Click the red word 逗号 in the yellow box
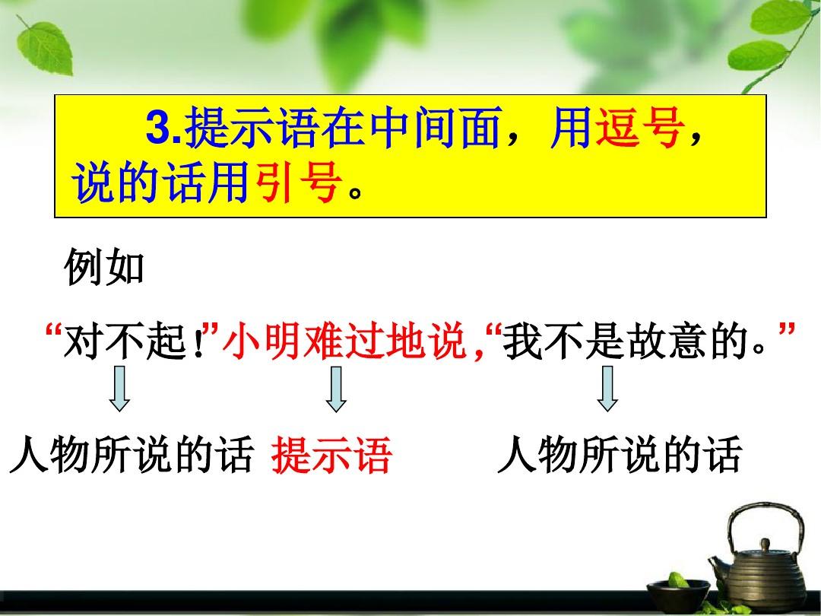point(640,127)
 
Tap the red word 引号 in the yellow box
point(298,183)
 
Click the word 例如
point(103,267)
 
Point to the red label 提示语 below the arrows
point(331,456)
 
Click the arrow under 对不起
point(119,388)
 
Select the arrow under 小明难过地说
point(336,388)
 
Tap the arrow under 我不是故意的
point(607,388)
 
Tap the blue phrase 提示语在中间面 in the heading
point(344,127)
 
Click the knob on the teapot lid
point(766,545)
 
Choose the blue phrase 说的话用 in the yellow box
point(160,183)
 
